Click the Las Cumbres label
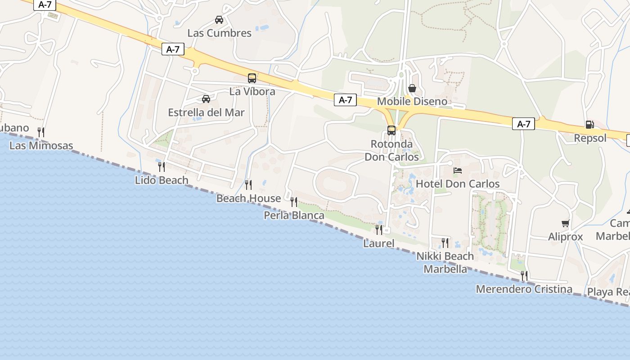click(219, 33)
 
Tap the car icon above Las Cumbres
click(219, 20)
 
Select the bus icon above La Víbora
click(252, 78)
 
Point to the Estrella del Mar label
click(206, 112)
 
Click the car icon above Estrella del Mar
click(206, 99)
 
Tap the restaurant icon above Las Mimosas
click(41, 132)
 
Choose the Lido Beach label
click(162, 180)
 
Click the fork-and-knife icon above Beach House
click(248, 184)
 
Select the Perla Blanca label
click(294, 216)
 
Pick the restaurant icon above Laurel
click(379, 230)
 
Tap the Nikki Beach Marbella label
click(445, 262)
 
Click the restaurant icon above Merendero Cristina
click(524, 275)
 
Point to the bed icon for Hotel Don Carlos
click(458, 171)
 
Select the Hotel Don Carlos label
click(458, 184)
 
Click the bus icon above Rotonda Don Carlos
click(391, 130)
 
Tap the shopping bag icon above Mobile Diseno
click(412, 88)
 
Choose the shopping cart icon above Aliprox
click(566, 223)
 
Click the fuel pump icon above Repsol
click(589, 125)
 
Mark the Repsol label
click(590, 138)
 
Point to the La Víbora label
click(252, 91)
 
